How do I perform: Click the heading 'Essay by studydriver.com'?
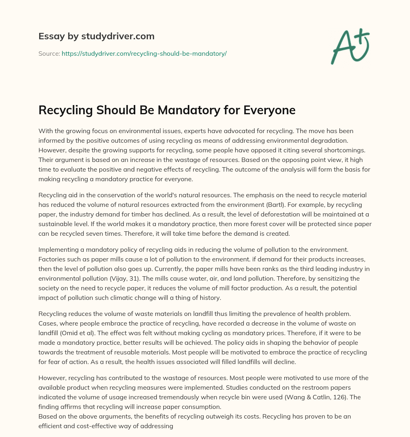click(96, 36)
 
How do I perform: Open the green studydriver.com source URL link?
click(144, 53)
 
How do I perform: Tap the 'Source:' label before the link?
click(49, 53)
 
